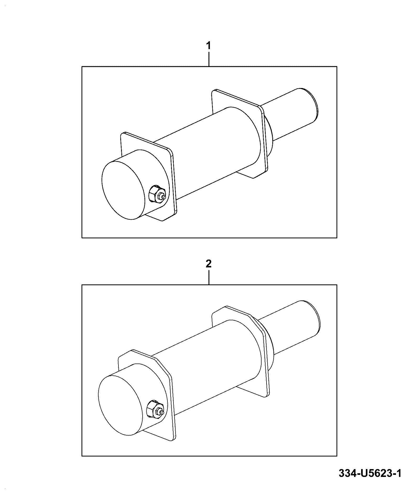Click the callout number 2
209,264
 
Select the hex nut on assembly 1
155,194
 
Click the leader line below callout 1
209,59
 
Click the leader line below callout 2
209,277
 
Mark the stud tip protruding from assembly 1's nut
164,196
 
